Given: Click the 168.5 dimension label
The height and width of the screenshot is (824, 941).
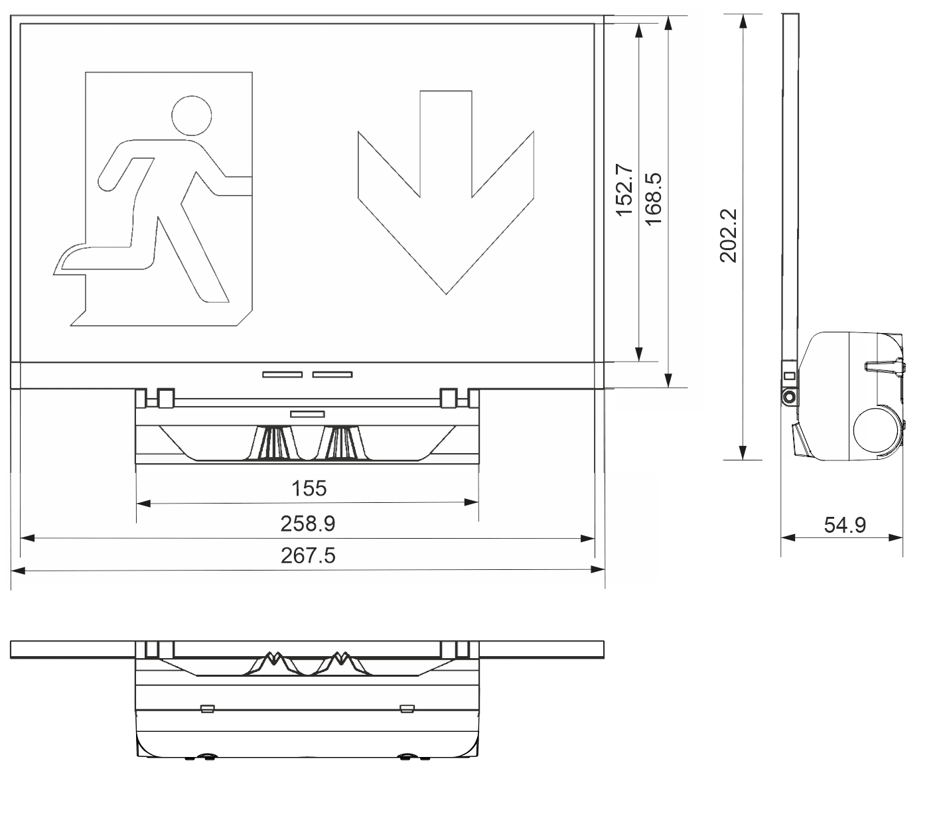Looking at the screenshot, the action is (x=653, y=198).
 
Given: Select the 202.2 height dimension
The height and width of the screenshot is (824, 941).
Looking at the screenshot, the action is (x=728, y=236).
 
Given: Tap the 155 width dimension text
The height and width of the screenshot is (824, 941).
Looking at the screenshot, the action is (x=309, y=488).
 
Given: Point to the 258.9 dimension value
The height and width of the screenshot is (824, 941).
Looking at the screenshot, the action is (x=308, y=523).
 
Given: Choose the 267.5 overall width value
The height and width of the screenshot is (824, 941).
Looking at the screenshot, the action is (x=308, y=555).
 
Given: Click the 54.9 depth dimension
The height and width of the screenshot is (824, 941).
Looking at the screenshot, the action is (x=845, y=525).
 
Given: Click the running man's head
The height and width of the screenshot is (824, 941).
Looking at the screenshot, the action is (x=192, y=116).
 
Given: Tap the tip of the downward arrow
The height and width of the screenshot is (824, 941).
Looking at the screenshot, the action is (x=446, y=294).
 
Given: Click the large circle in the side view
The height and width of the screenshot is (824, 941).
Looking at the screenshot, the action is (x=876, y=429).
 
